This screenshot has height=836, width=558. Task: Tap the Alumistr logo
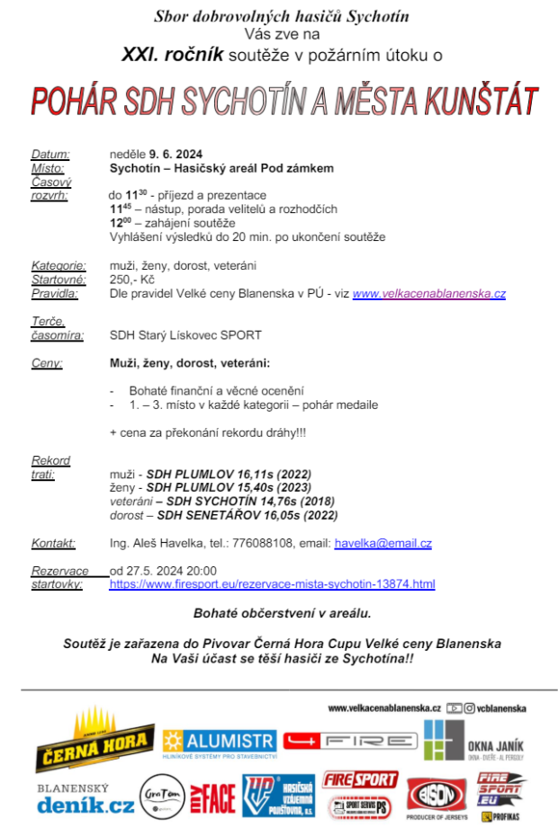(x=219, y=743)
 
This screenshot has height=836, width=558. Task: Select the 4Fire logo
(x=350, y=741)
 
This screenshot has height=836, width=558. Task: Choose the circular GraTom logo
(x=162, y=797)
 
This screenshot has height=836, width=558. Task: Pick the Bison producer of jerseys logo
(x=437, y=797)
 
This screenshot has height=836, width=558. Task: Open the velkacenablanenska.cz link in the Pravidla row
(x=428, y=294)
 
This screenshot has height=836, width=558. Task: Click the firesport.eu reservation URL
(x=272, y=584)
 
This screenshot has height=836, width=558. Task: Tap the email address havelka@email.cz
(x=382, y=544)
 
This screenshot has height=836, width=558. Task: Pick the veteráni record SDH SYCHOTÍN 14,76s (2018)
(x=243, y=502)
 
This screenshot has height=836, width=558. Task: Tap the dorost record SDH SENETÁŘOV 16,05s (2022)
(x=247, y=516)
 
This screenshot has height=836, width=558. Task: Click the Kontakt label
(x=53, y=544)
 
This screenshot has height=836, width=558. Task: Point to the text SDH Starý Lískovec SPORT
(x=185, y=335)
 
